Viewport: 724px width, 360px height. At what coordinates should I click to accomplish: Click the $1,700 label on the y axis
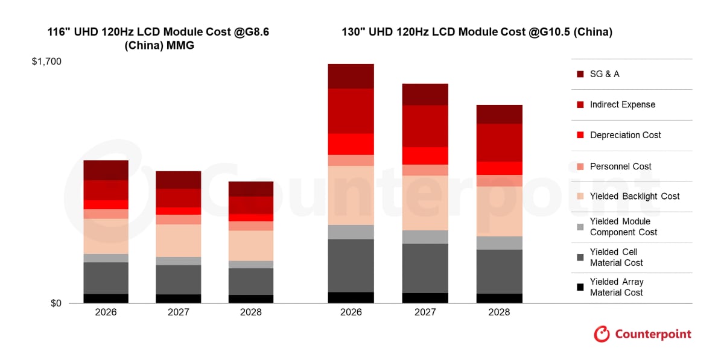[47, 62]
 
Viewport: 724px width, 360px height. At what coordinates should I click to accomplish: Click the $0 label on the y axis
[56, 303]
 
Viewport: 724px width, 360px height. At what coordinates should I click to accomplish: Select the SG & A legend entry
[604, 74]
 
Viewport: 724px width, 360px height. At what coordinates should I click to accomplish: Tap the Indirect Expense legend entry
[622, 104]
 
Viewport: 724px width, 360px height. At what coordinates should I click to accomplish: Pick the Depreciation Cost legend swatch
[580, 135]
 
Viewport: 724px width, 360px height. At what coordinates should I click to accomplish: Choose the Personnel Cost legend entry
[620, 166]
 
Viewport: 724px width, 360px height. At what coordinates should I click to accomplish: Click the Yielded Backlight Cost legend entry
[634, 196]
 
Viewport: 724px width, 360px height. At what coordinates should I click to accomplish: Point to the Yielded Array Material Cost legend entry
[616, 287]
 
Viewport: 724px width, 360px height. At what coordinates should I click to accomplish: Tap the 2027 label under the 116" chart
[179, 312]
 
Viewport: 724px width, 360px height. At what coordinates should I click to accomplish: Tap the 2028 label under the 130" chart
[499, 312]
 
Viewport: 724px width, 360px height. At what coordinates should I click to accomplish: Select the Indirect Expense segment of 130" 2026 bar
[351, 111]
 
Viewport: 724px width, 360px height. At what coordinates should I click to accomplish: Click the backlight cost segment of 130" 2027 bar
[425, 203]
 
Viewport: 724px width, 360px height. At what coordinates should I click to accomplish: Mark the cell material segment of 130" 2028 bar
[499, 271]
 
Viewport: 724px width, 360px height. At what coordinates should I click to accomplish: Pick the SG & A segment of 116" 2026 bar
[106, 170]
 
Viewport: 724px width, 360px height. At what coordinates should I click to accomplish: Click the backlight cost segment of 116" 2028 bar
[251, 245]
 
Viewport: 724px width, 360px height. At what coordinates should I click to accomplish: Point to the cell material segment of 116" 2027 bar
[179, 279]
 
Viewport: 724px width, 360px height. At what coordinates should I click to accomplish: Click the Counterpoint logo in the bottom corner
[643, 334]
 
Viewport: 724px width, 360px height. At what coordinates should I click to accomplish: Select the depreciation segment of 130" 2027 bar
[425, 156]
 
